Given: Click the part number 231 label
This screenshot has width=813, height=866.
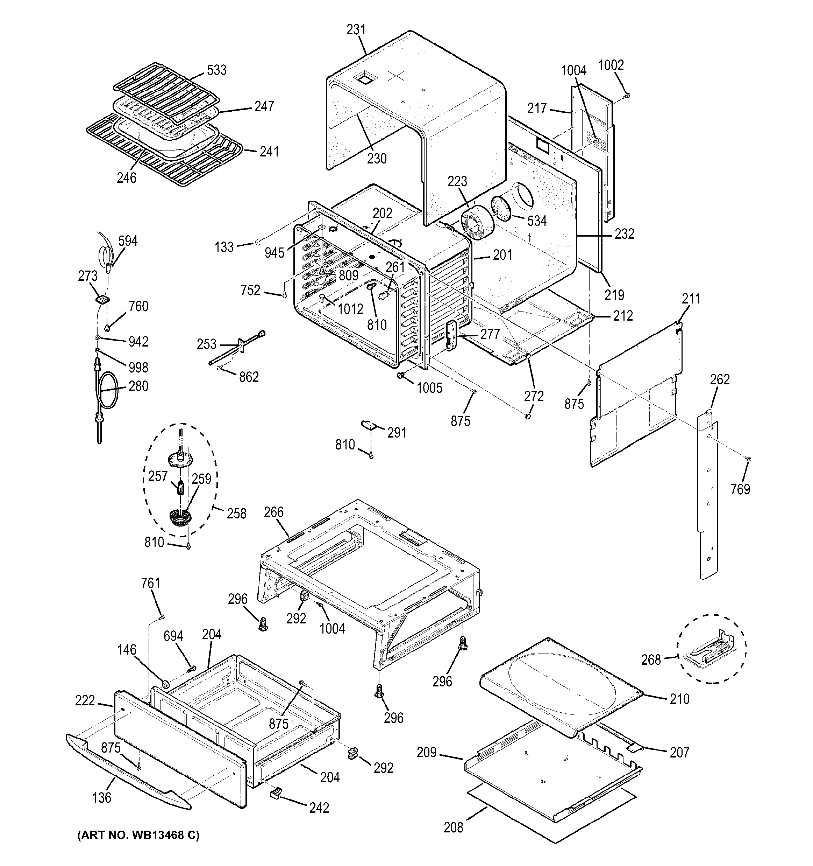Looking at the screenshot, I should pos(356,30).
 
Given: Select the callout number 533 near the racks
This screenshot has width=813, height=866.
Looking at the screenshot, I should pos(216,70).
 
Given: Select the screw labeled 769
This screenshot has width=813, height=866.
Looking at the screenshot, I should pos(749,459).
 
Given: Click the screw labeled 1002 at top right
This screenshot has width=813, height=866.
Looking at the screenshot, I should pos(627,94).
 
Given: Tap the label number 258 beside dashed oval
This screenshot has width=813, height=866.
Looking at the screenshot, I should pos(236,513).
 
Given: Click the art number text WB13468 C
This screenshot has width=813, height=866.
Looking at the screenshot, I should pos(138,835).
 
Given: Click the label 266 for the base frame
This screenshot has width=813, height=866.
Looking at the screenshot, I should pos(273,512).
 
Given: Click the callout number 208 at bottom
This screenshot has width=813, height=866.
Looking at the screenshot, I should pos(453,827).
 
